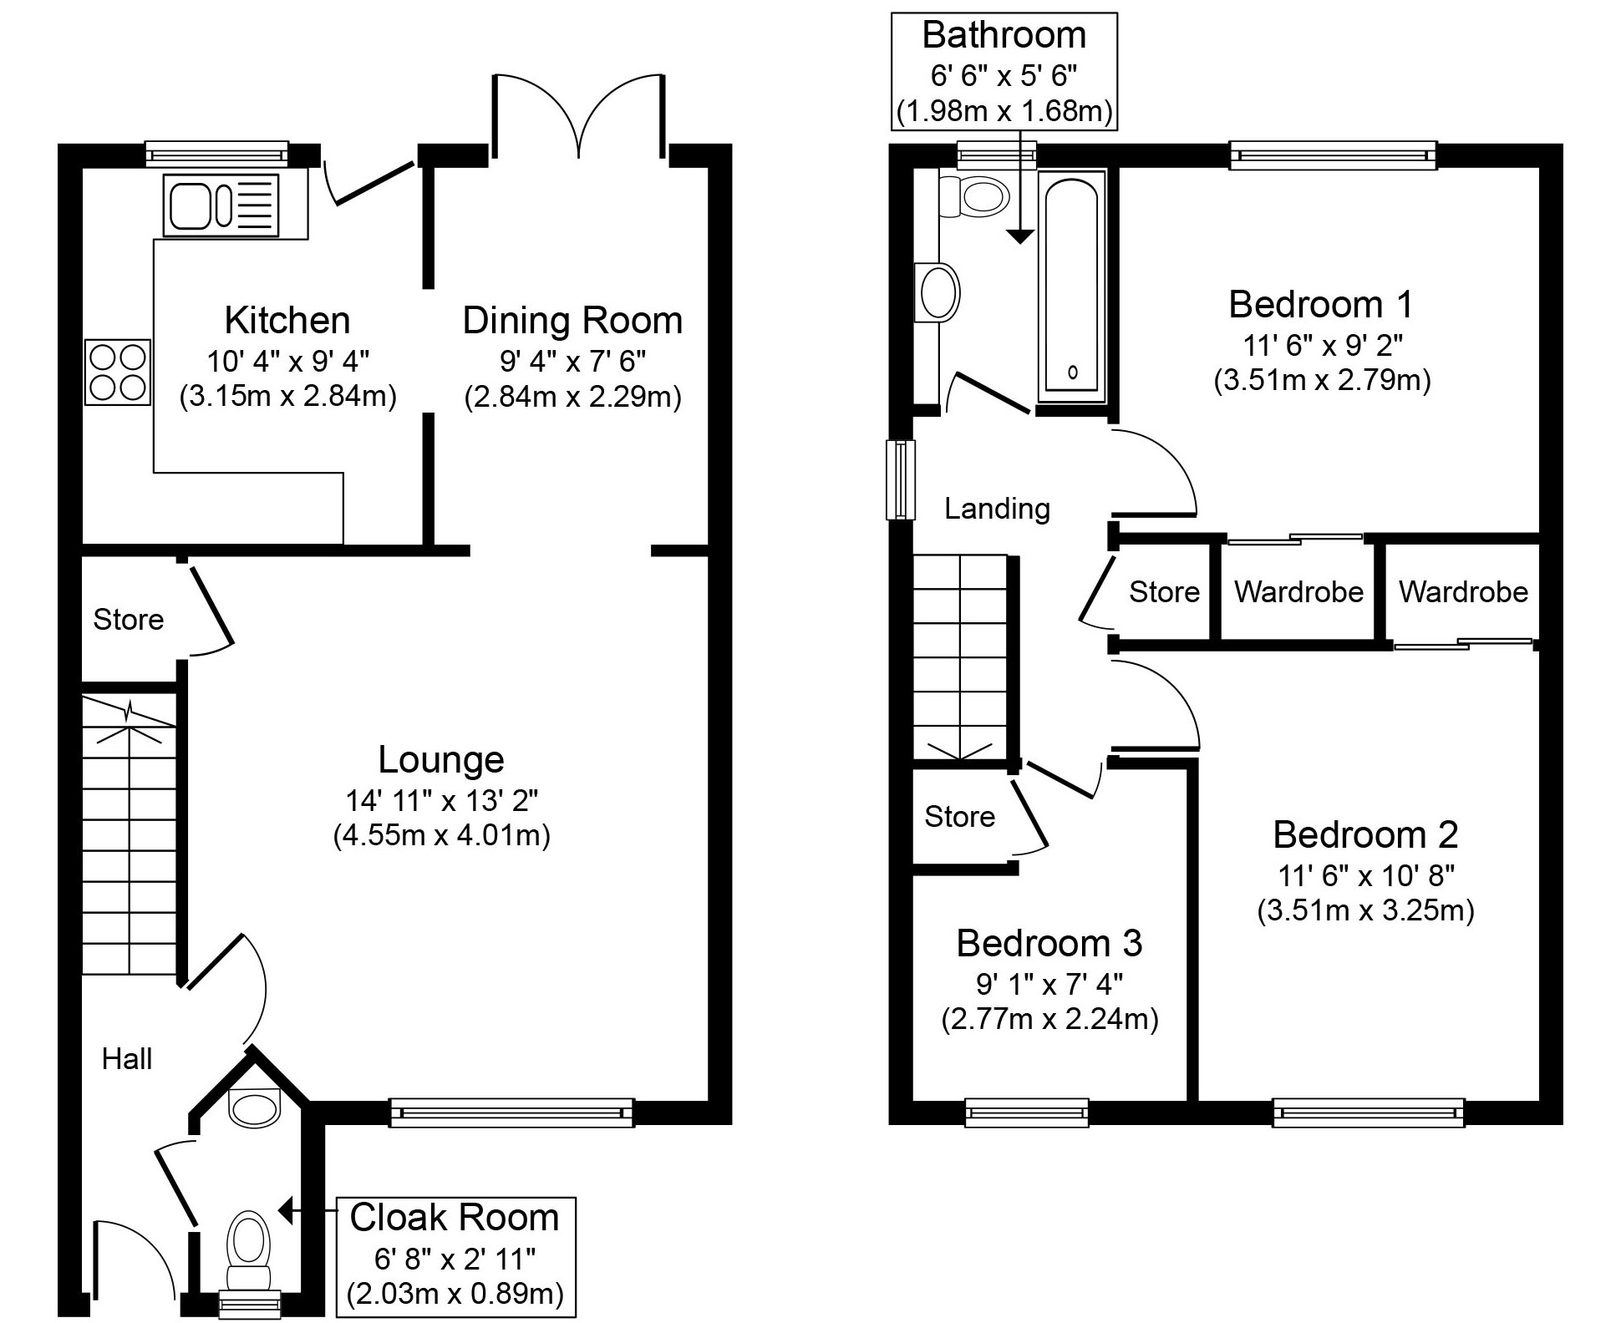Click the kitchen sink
(x=221, y=205)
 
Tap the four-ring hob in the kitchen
(x=118, y=373)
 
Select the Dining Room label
(x=573, y=321)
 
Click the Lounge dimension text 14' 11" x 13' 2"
(x=442, y=801)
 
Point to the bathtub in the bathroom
(x=1072, y=286)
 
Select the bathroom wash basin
(x=938, y=293)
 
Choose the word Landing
(x=997, y=509)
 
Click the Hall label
(x=127, y=1059)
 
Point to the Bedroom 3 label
(x=1049, y=943)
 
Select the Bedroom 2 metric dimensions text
(x=1365, y=910)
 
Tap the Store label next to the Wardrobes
(x=1164, y=592)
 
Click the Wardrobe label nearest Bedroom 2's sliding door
(x=1463, y=592)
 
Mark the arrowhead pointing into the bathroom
(x=1019, y=236)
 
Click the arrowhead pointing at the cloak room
(x=285, y=1209)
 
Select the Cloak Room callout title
(x=455, y=1218)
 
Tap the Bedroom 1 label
(x=1320, y=304)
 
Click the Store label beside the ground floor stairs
(x=128, y=620)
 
